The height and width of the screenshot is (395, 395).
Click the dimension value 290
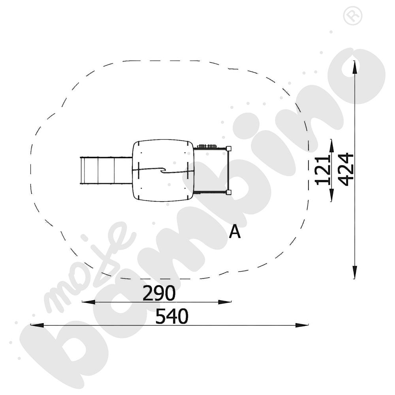click(159, 293)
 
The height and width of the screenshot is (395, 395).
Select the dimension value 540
click(172, 316)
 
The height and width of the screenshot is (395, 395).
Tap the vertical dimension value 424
click(346, 169)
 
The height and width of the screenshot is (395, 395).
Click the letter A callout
click(235, 232)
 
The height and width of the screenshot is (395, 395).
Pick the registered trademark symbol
click(353, 16)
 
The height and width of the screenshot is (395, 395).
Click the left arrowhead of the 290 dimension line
click(88, 302)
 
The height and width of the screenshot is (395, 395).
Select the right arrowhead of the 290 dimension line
click(225, 302)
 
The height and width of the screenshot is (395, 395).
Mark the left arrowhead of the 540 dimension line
click(37, 325)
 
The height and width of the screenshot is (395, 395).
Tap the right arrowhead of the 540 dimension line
click(302, 325)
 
